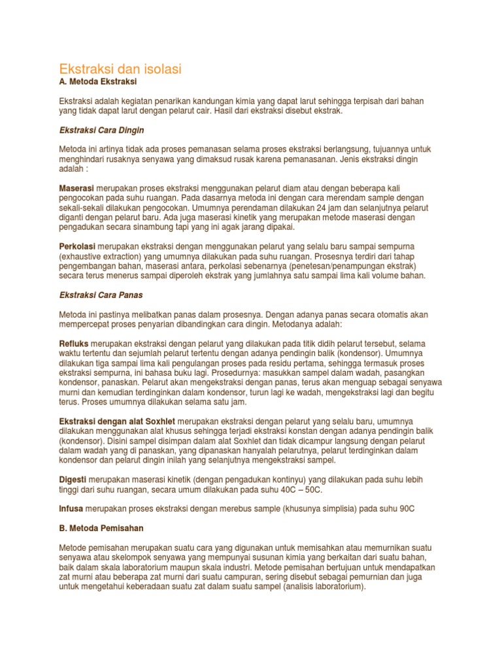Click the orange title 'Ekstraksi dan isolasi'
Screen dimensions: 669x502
[x=120, y=69]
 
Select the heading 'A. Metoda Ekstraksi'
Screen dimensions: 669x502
[x=98, y=83]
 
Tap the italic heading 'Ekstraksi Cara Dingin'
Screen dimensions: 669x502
[x=101, y=130]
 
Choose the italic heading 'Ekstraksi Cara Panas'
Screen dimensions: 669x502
[x=101, y=295]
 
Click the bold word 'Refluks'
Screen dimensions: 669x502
[x=74, y=343]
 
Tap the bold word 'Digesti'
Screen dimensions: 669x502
[x=73, y=479]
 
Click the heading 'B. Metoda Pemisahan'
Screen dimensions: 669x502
[x=101, y=527]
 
